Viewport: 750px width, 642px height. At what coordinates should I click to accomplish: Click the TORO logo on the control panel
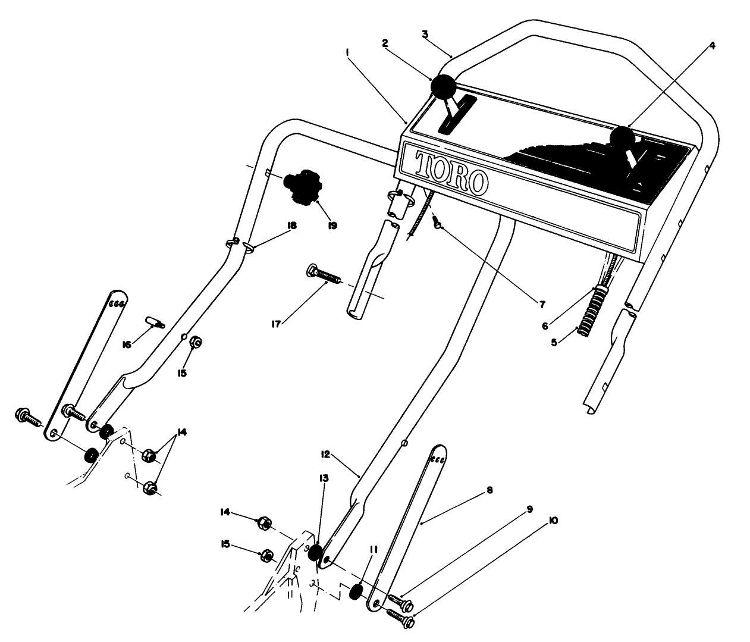(x=451, y=174)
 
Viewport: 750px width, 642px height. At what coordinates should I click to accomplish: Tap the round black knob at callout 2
(x=443, y=88)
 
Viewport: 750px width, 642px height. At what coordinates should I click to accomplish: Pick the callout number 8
(x=489, y=491)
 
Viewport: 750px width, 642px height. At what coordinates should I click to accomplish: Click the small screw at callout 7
(x=438, y=224)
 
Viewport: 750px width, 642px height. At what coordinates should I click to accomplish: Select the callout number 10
(x=553, y=521)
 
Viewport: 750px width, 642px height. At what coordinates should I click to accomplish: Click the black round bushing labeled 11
(x=356, y=592)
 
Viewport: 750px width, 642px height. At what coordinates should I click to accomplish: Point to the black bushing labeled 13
(x=316, y=550)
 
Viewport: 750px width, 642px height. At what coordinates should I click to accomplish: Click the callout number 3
(x=425, y=34)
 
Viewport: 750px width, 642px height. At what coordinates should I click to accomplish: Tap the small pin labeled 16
(x=155, y=322)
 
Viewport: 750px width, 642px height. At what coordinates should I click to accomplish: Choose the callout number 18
(x=291, y=226)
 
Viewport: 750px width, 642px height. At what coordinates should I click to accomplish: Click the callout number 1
(x=347, y=52)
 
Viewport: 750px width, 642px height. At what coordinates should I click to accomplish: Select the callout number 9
(x=529, y=509)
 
